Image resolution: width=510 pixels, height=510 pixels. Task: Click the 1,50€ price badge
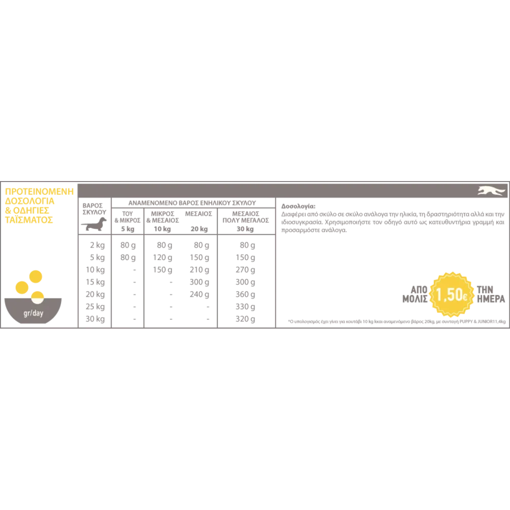pos(451,294)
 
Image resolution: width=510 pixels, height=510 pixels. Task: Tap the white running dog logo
pos(492,191)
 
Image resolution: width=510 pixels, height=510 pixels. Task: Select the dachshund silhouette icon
pos(94,224)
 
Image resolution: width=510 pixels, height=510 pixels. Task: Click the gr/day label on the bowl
pos(33,313)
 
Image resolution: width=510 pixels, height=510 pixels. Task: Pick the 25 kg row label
pos(95,307)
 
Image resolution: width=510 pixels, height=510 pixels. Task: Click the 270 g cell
pos(245,270)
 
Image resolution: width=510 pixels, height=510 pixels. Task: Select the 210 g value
pos(199,270)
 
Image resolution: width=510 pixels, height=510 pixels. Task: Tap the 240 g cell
pos(199,294)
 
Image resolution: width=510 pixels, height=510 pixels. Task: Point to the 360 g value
pos(245,294)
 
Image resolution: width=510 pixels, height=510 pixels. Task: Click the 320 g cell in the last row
pos(245,319)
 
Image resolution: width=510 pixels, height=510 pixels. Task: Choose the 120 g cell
pos(163,258)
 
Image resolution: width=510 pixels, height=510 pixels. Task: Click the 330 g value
pos(245,307)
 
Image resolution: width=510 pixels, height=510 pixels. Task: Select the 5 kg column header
pos(128,229)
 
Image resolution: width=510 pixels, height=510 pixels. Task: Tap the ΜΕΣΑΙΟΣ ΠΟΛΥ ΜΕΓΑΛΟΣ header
pos(246,217)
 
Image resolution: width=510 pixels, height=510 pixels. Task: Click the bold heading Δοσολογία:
pos(298,206)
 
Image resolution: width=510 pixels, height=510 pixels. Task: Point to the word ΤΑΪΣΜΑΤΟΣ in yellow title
pos(29,220)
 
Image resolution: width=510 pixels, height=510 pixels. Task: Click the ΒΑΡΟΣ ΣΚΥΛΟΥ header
pos(94,209)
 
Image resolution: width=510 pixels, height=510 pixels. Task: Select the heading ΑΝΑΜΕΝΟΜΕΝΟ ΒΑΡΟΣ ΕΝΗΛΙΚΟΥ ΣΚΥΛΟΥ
pos(192,203)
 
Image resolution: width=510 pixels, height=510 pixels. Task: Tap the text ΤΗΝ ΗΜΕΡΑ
pos(491,294)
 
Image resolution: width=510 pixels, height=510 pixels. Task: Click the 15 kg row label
pos(95,282)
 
